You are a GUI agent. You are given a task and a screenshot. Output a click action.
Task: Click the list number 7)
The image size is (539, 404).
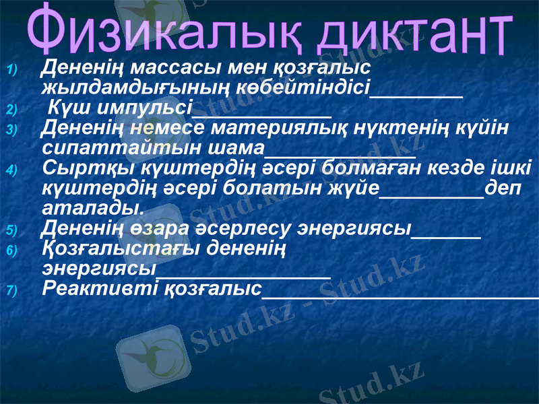coord(13,290)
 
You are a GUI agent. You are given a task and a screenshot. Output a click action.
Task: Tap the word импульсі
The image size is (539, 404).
coord(139,107)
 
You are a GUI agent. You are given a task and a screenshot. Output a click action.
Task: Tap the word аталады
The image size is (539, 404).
coord(92,205)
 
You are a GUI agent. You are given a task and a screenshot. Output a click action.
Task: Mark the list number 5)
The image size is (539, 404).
coord(13,230)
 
